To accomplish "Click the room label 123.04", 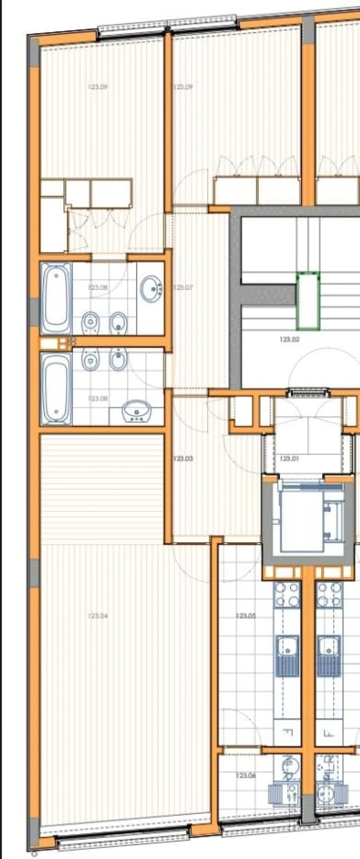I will (x=98, y=616).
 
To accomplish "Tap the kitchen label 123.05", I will (x=246, y=616).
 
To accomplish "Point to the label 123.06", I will (x=246, y=775).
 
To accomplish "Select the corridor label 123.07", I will (x=183, y=288).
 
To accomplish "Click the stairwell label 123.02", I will (x=290, y=340).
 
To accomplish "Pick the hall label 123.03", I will (x=183, y=459).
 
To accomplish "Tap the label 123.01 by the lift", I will (x=290, y=459).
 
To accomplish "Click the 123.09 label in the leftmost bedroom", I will (x=98, y=87).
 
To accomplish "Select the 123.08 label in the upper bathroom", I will (x=98, y=288).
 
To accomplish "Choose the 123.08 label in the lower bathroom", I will (x=98, y=399).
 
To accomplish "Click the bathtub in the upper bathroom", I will (x=56, y=298).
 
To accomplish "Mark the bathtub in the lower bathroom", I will (x=56, y=388).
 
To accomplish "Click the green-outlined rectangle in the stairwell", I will (x=308, y=301).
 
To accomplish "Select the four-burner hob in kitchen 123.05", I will (x=287, y=595).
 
